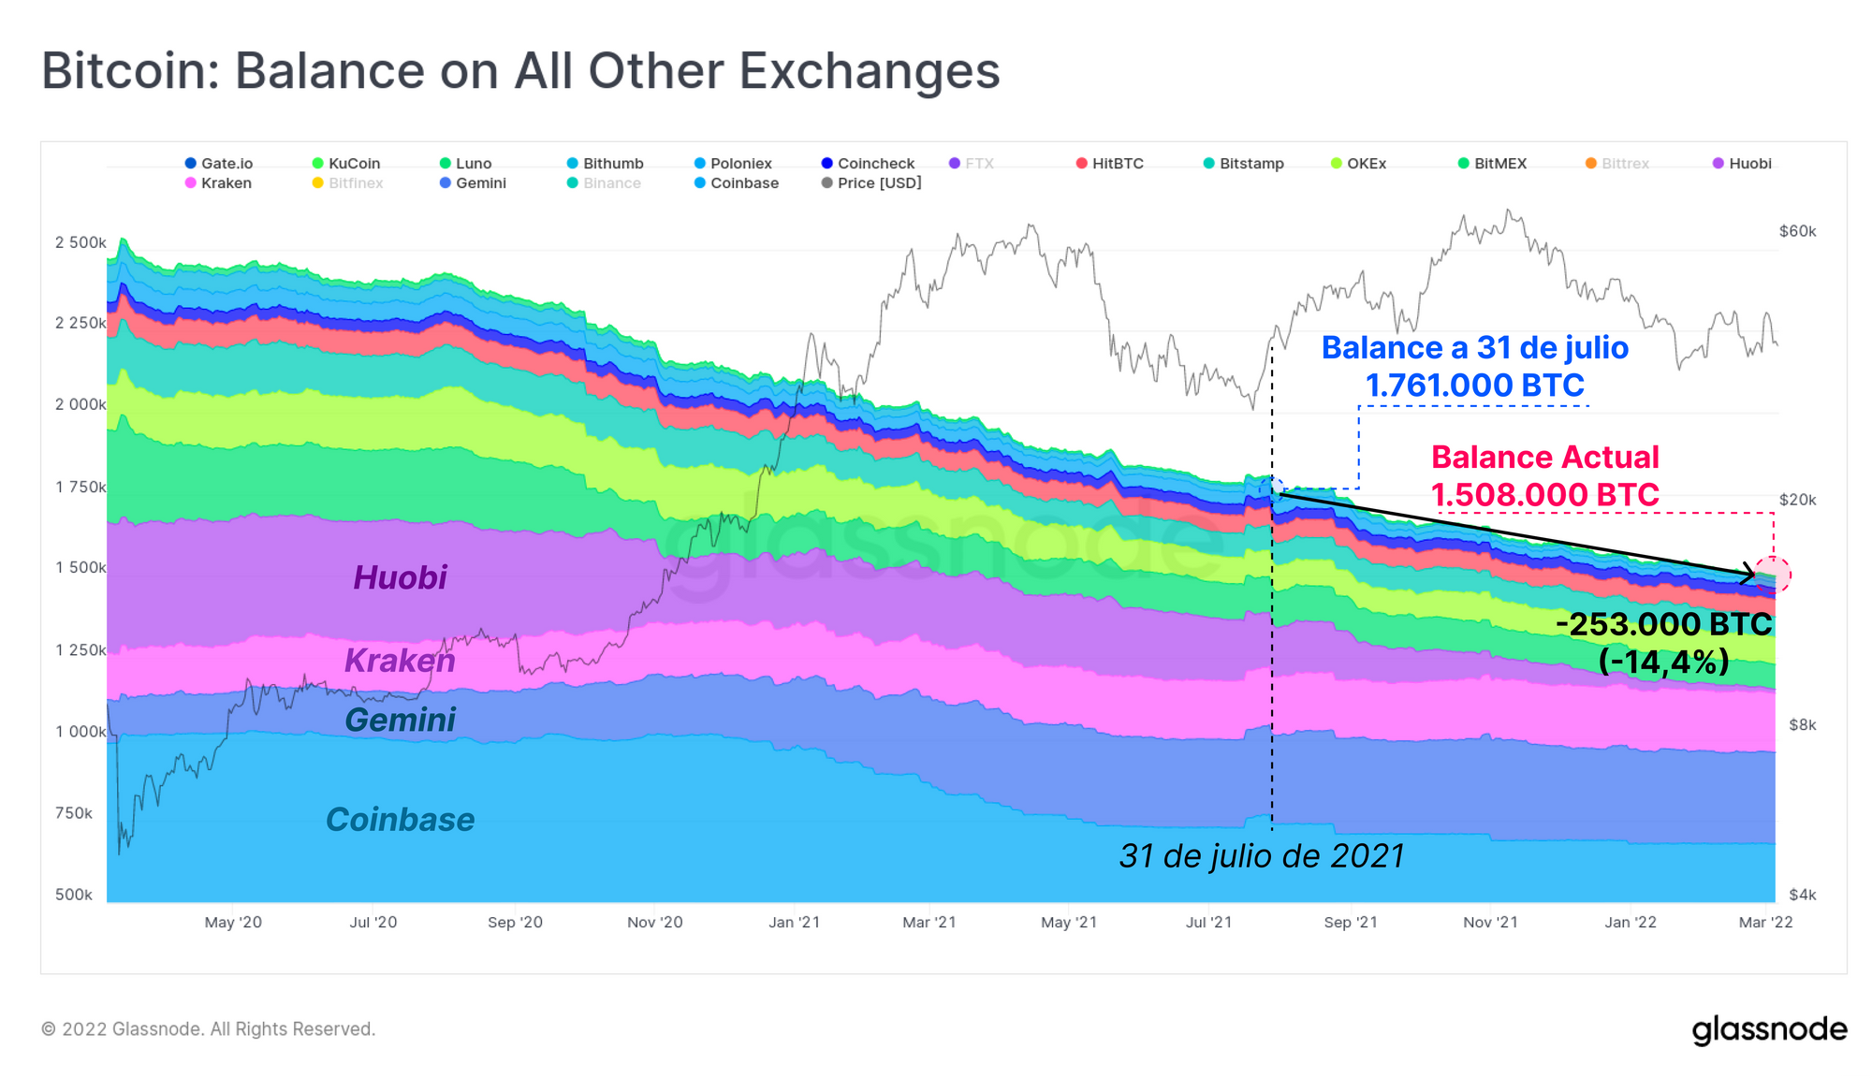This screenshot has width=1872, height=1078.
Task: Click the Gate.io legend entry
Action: pyautogui.click(x=219, y=164)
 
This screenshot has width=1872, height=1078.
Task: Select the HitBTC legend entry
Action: pyautogui.click(x=1110, y=164)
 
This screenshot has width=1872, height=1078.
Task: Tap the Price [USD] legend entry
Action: pyautogui.click(x=871, y=183)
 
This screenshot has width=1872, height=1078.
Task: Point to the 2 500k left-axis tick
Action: pyautogui.click(x=80, y=242)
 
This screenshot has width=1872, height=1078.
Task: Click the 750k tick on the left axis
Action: pyautogui.click(x=74, y=813)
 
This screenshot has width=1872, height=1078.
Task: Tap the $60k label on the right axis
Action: pyautogui.click(x=1797, y=231)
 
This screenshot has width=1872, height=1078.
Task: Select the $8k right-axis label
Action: pyautogui.click(x=1802, y=724)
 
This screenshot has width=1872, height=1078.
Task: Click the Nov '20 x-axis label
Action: pyautogui.click(x=654, y=923)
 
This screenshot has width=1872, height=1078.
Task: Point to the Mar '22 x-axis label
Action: pyautogui.click(x=1765, y=923)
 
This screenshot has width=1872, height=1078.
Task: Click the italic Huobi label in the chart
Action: pyautogui.click(x=400, y=577)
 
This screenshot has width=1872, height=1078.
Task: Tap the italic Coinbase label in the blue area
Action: pyautogui.click(x=400, y=820)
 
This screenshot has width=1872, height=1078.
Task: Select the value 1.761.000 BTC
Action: pyautogui.click(x=1474, y=385)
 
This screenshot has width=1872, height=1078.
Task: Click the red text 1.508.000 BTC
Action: pyautogui.click(x=1544, y=494)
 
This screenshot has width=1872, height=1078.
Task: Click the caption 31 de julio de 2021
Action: pyautogui.click(x=1262, y=855)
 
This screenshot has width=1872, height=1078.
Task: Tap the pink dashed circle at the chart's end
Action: pyautogui.click(x=1773, y=575)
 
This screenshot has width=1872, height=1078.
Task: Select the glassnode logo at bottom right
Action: pyautogui.click(x=1769, y=1029)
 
